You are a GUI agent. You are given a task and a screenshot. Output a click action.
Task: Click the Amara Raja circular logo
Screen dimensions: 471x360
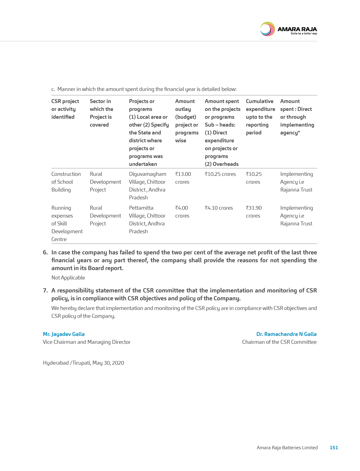pos(267,29)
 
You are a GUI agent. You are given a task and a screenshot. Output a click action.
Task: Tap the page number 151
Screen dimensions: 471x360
pos(334,447)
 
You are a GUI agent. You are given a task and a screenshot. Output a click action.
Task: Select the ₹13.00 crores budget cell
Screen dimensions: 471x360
pos(183,178)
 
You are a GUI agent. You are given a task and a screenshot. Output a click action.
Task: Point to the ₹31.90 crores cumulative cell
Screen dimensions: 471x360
pos(254,212)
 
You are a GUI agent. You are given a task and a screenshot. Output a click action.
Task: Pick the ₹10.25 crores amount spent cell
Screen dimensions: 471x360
pos(220,174)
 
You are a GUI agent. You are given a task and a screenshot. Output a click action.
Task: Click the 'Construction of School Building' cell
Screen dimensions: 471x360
pos(66,182)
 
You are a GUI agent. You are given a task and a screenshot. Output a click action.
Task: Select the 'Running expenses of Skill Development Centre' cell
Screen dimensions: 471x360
pos(67,224)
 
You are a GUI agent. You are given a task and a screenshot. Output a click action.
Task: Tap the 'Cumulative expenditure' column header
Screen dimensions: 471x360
pos(260,117)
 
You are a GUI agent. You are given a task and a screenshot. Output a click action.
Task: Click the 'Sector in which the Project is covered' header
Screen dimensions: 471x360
pos(101,113)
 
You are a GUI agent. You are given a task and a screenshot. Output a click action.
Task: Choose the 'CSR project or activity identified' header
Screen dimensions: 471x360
pos(65,109)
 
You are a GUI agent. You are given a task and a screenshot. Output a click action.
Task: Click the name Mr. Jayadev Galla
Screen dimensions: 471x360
pos(64,334)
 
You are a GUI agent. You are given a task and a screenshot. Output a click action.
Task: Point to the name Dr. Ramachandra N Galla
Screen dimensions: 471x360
pos(286,334)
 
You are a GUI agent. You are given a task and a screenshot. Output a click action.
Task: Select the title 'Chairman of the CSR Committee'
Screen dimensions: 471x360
pos(279,342)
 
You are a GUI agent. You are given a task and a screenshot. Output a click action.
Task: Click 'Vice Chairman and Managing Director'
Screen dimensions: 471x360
pos(87,342)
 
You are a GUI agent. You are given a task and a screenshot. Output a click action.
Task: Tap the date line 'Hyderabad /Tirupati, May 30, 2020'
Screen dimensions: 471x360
pos(83,363)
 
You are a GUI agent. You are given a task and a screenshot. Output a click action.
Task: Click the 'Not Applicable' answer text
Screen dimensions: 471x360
pos(68,278)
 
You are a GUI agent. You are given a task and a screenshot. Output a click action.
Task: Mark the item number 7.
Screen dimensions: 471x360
pos(45,291)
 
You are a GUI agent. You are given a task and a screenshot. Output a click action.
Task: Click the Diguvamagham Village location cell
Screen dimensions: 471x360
pos(148,186)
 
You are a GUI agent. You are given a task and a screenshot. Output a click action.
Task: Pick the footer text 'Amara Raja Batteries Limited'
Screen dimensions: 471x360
pos(287,447)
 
